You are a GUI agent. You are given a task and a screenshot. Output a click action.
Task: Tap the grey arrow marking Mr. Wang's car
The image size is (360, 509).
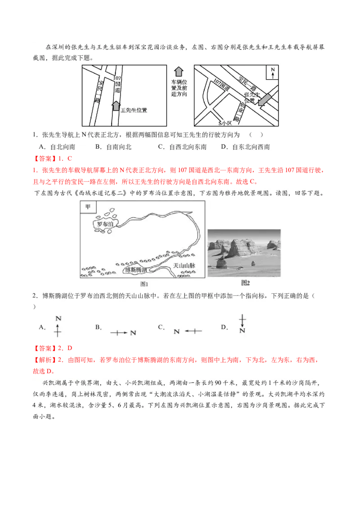pos(116,106)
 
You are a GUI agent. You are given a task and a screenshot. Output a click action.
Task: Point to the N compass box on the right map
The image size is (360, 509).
pos(272,72)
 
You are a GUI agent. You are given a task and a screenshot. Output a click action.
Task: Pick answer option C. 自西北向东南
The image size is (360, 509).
pos(182,147)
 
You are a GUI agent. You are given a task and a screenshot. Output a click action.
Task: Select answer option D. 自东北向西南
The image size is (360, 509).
pos(245,147)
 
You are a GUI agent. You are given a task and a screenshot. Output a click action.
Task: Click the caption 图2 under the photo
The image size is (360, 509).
pos(245,283)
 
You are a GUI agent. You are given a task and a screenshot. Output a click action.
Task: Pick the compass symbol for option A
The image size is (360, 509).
pos(58,327)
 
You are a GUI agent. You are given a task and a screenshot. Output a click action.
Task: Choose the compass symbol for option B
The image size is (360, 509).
pos(123,333)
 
